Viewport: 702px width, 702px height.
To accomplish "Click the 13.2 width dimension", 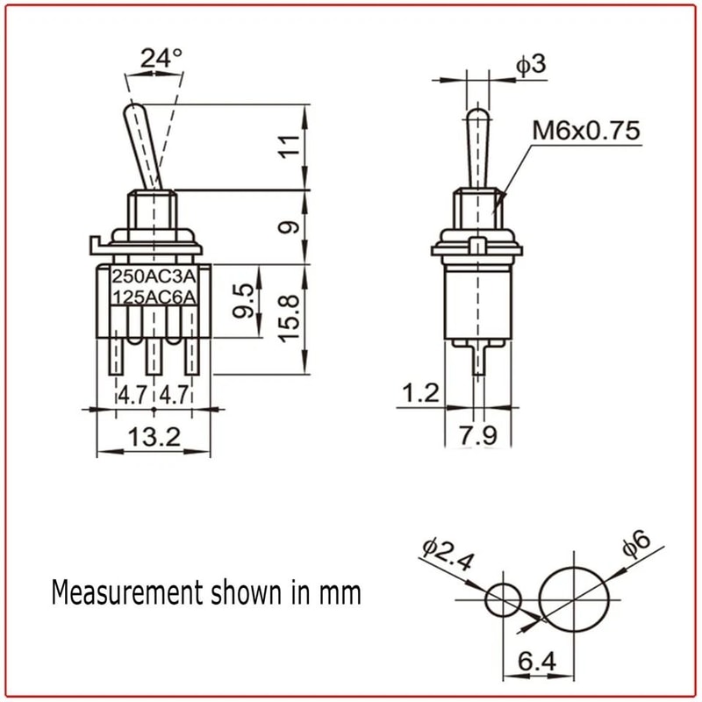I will (x=154, y=436).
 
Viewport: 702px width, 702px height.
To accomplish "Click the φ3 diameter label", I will (x=529, y=66).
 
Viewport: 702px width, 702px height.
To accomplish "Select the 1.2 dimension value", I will (x=418, y=392).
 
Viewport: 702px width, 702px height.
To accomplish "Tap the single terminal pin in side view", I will (x=478, y=359).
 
